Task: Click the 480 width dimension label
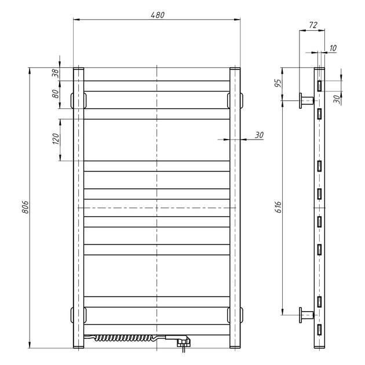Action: (158, 15)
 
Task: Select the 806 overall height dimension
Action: (25, 207)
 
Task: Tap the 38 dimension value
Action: (56, 73)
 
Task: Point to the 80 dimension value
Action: (56, 94)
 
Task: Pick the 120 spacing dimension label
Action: (56, 138)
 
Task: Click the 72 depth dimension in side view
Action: (313, 25)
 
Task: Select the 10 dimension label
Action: (333, 48)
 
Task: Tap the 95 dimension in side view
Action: (278, 83)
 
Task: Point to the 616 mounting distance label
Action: (278, 207)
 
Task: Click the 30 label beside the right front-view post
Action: (259, 135)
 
